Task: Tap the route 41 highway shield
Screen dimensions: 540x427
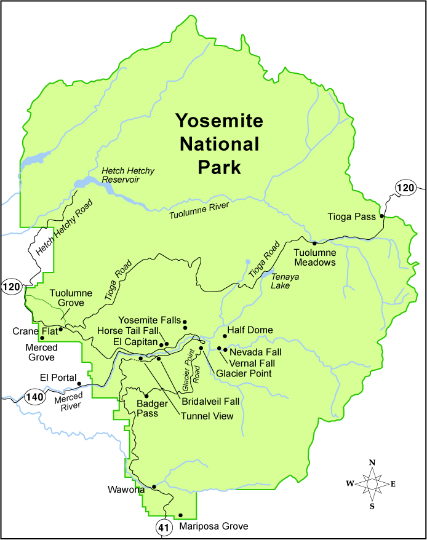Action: click(x=162, y=527)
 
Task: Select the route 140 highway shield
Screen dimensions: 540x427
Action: click(x=35, y=397)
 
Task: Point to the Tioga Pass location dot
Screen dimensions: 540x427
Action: click(x=381, y=216)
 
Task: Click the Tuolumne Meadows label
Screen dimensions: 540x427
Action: click(x=314, y=257)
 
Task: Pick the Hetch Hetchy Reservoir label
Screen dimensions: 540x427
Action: click(x=129, y=175)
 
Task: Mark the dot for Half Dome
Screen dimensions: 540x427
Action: click(x=225, y=336)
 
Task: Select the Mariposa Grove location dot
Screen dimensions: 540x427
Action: click(x=180, y=515)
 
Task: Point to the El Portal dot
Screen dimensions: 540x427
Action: click(x=79, y=383)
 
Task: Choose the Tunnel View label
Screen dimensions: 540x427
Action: click(x=207, y=416)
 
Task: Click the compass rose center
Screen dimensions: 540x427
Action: click(x=372, y=483)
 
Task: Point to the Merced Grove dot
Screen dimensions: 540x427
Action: click(x=42, y=338)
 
